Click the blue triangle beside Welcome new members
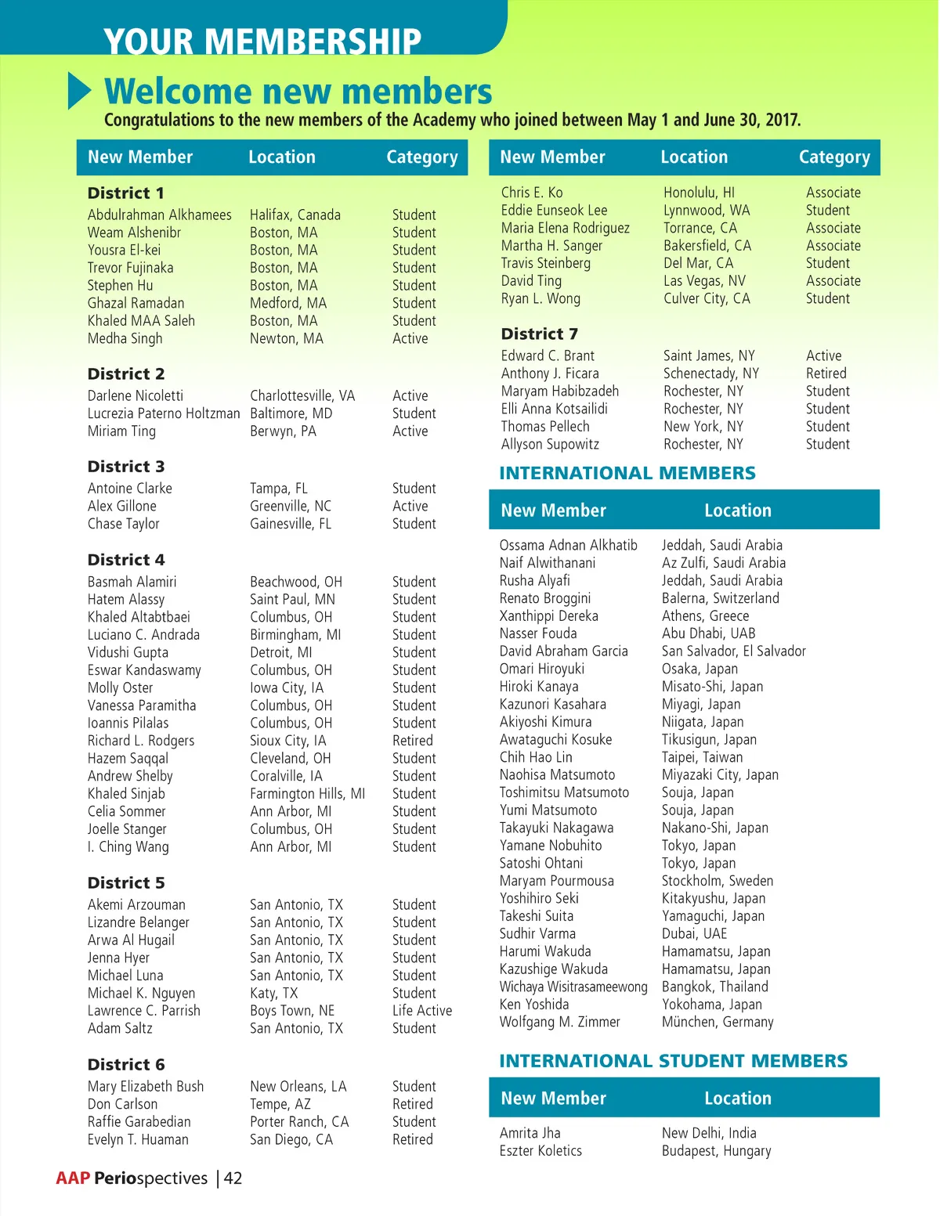pyautogui.click(x=79, y=91)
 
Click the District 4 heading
pyautogui.click(x=126, y=560)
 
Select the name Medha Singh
pyautogui.click(x=125, y=338)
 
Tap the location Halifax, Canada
pyautogui.click(x=295, y=215)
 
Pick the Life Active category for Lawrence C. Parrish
pyautogui.click(x=422, y=1011)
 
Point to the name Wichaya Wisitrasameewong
pyautogui.click(x=573, y=987)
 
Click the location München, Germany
pyautogui.click(x=718, y=1022)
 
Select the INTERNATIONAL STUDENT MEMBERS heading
pyautogui.click(x=674, y=1061)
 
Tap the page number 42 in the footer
pyautogui.click(x=233, y=1178)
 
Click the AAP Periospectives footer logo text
pyautogui.click(x=132, y=1178)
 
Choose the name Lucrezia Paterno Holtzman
pyautogui.click(x=164, y=413)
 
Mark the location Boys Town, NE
pyautogui.click(x=292, y=1011)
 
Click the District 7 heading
pyautogui.click(x=540, y=334)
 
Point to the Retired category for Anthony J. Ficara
pyautogui.click(x=826, y=373)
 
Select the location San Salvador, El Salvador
pyautogui.click(x=734, y=651)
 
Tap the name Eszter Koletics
pyautogui.click(x=540, y=1151)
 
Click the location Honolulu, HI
pyautogui.click(x=699, y=193)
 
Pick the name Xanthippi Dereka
pyautogui.click(x=549, y=615)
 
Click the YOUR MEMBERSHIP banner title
pyautogui.click(x=262, y=41)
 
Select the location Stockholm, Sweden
pyautogui.click(x=718, y=881)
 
